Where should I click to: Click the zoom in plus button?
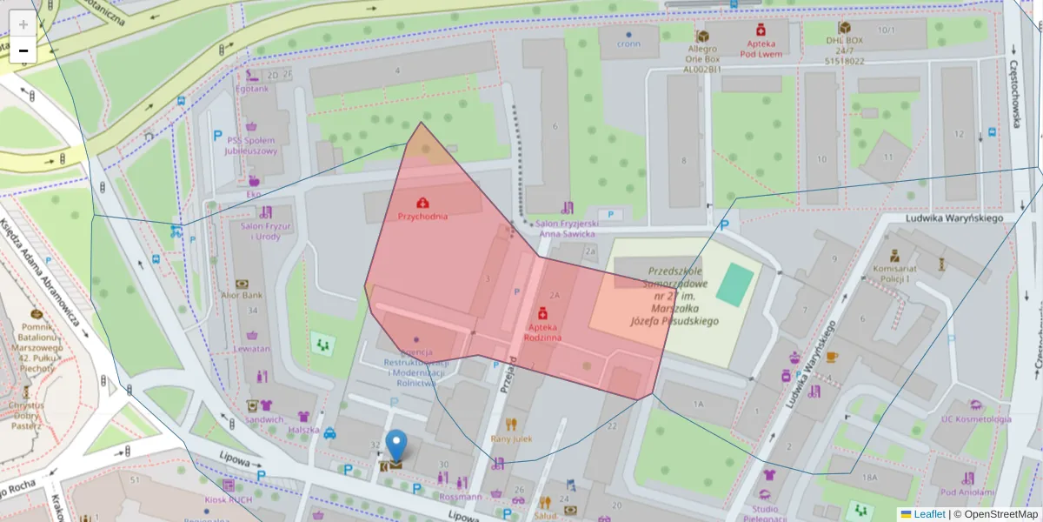[23, 24]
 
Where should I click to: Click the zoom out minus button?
[23, 50]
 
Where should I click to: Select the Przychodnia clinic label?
[422, 216]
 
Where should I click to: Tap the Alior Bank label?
[242, 295]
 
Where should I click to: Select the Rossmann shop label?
[461, 497]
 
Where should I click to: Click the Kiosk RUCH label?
[228, 499]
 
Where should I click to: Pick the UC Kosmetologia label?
[976, 418]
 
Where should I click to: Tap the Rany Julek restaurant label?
[511, 438]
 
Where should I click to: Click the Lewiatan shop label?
[251, 348]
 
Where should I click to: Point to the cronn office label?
[628, 43]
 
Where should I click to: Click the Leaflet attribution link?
[928, 514]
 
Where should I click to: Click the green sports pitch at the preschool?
[735, 285]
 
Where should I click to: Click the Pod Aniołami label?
[967, 492]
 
